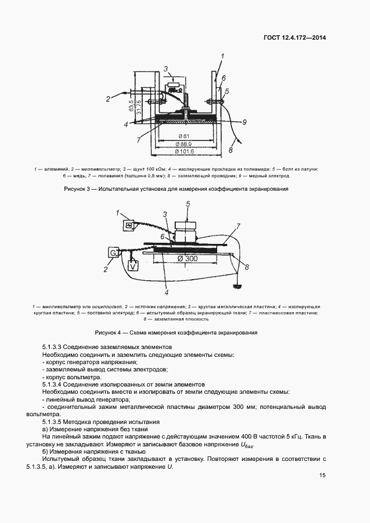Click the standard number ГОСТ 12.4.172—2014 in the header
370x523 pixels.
[x=294, y=38]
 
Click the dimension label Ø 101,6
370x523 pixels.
[x=184, y=152]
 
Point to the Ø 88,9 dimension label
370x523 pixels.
[x=184, y=144]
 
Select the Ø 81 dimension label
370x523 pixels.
[x=184, y=136]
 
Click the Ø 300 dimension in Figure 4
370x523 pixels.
[x=188, y=258]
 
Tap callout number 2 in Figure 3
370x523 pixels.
[x=107, y=99]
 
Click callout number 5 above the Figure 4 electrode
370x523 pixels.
[x=188, y=204]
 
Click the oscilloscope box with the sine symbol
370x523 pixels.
[x=129, y=224]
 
